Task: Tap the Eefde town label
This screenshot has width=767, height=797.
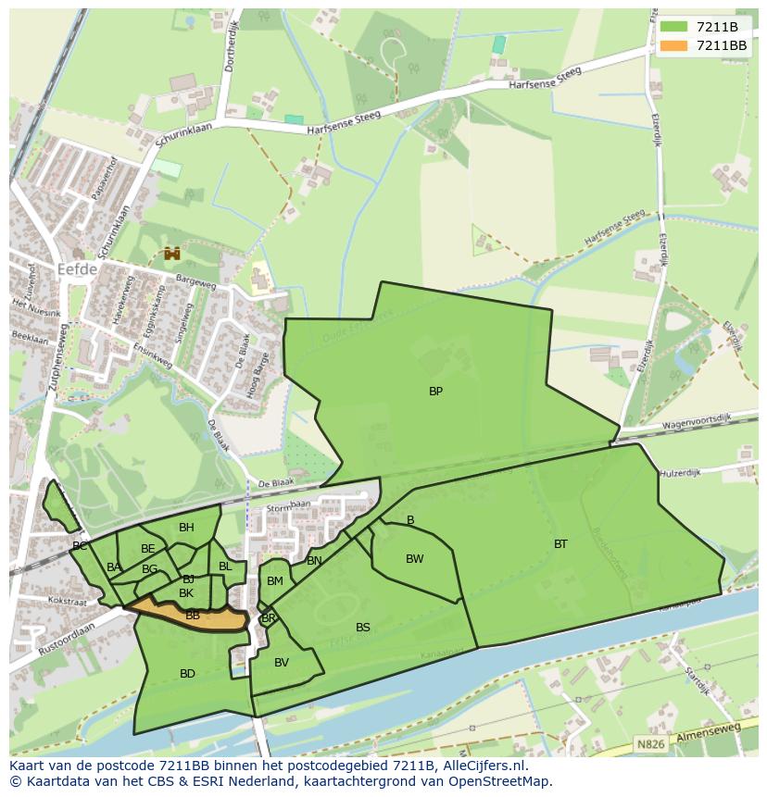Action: (77, 270)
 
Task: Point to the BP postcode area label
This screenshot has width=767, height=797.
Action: (435, 392)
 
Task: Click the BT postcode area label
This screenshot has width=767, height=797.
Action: (560, 544)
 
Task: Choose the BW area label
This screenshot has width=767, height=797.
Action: (414, 559)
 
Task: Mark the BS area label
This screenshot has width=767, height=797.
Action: (363, 628)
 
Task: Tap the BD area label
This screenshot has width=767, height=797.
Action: (187, 674)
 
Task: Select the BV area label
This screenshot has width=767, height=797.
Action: (282, 663)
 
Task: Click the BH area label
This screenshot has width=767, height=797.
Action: (186, 528)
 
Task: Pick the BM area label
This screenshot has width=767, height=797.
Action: (275, 581)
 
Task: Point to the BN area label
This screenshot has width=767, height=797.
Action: (314, 561)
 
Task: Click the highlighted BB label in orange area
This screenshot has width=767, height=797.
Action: (193, 616)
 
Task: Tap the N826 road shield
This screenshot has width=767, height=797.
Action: (652, 743)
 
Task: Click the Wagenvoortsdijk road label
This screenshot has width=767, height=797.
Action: (697, 423)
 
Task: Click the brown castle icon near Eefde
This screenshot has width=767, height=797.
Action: (171, 253)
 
